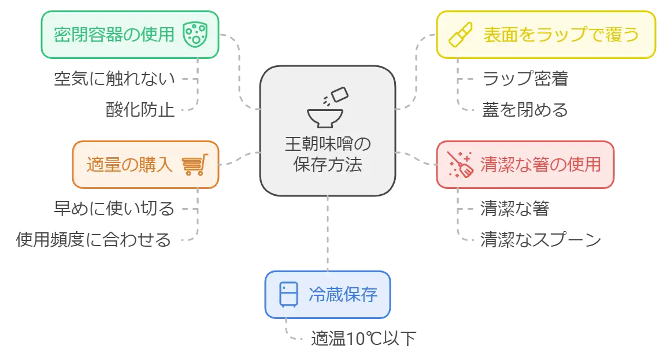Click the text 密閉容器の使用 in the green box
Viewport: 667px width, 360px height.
(114, 35)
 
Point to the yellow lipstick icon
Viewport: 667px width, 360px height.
(461, 35)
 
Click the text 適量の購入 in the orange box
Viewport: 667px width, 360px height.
(129, 165)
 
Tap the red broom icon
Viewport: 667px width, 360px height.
(461, 165)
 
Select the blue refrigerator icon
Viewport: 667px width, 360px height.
(287, 295)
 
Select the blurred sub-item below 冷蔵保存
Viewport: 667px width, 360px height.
(361, 337)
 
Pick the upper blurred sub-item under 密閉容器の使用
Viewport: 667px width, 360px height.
(113, 79)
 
